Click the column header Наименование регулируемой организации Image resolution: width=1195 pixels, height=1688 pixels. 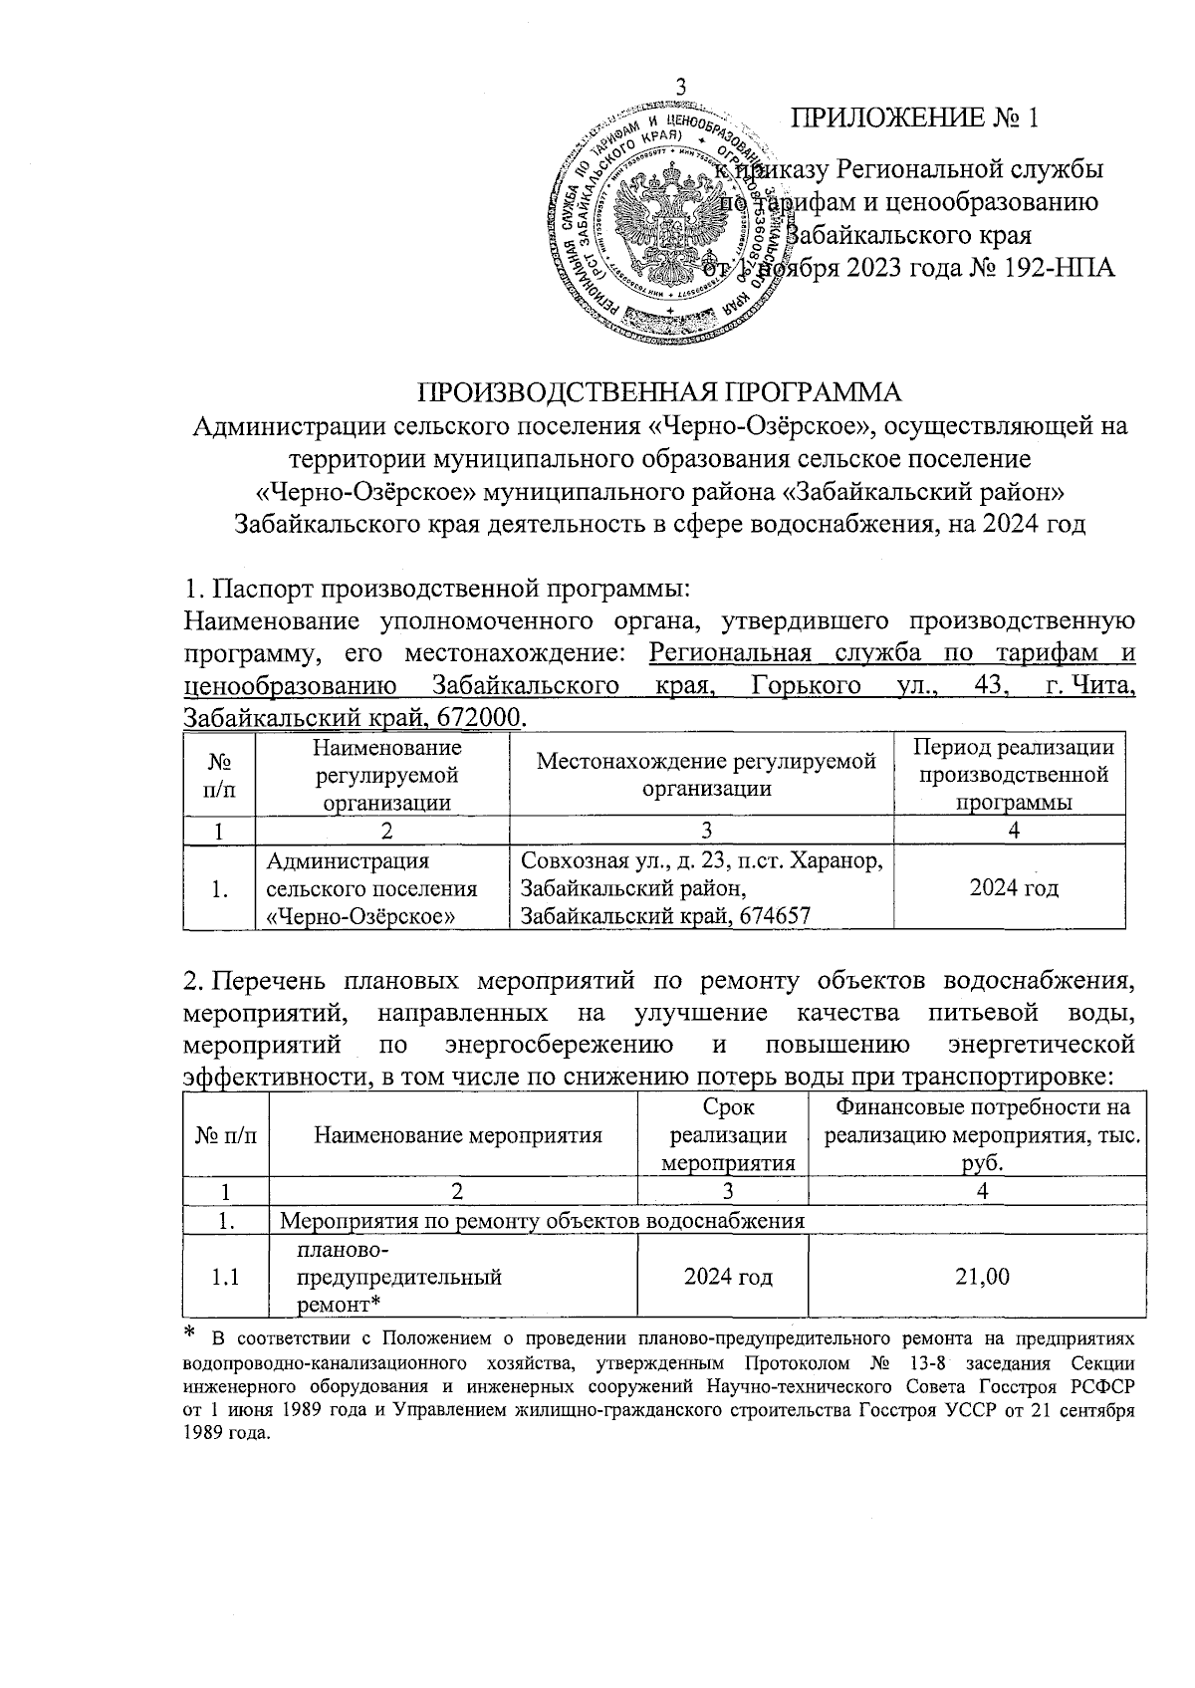(x=383, y=775)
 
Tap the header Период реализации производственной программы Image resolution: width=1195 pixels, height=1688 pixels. (x=1013, y=775)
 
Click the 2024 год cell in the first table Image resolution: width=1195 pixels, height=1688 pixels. (x=1013, y=888)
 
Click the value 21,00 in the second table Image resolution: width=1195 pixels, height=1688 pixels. (x=982, y=1277)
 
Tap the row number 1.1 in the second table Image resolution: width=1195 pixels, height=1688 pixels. (x=225, y=1277)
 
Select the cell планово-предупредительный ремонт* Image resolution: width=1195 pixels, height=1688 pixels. (x=398, y=1277)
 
